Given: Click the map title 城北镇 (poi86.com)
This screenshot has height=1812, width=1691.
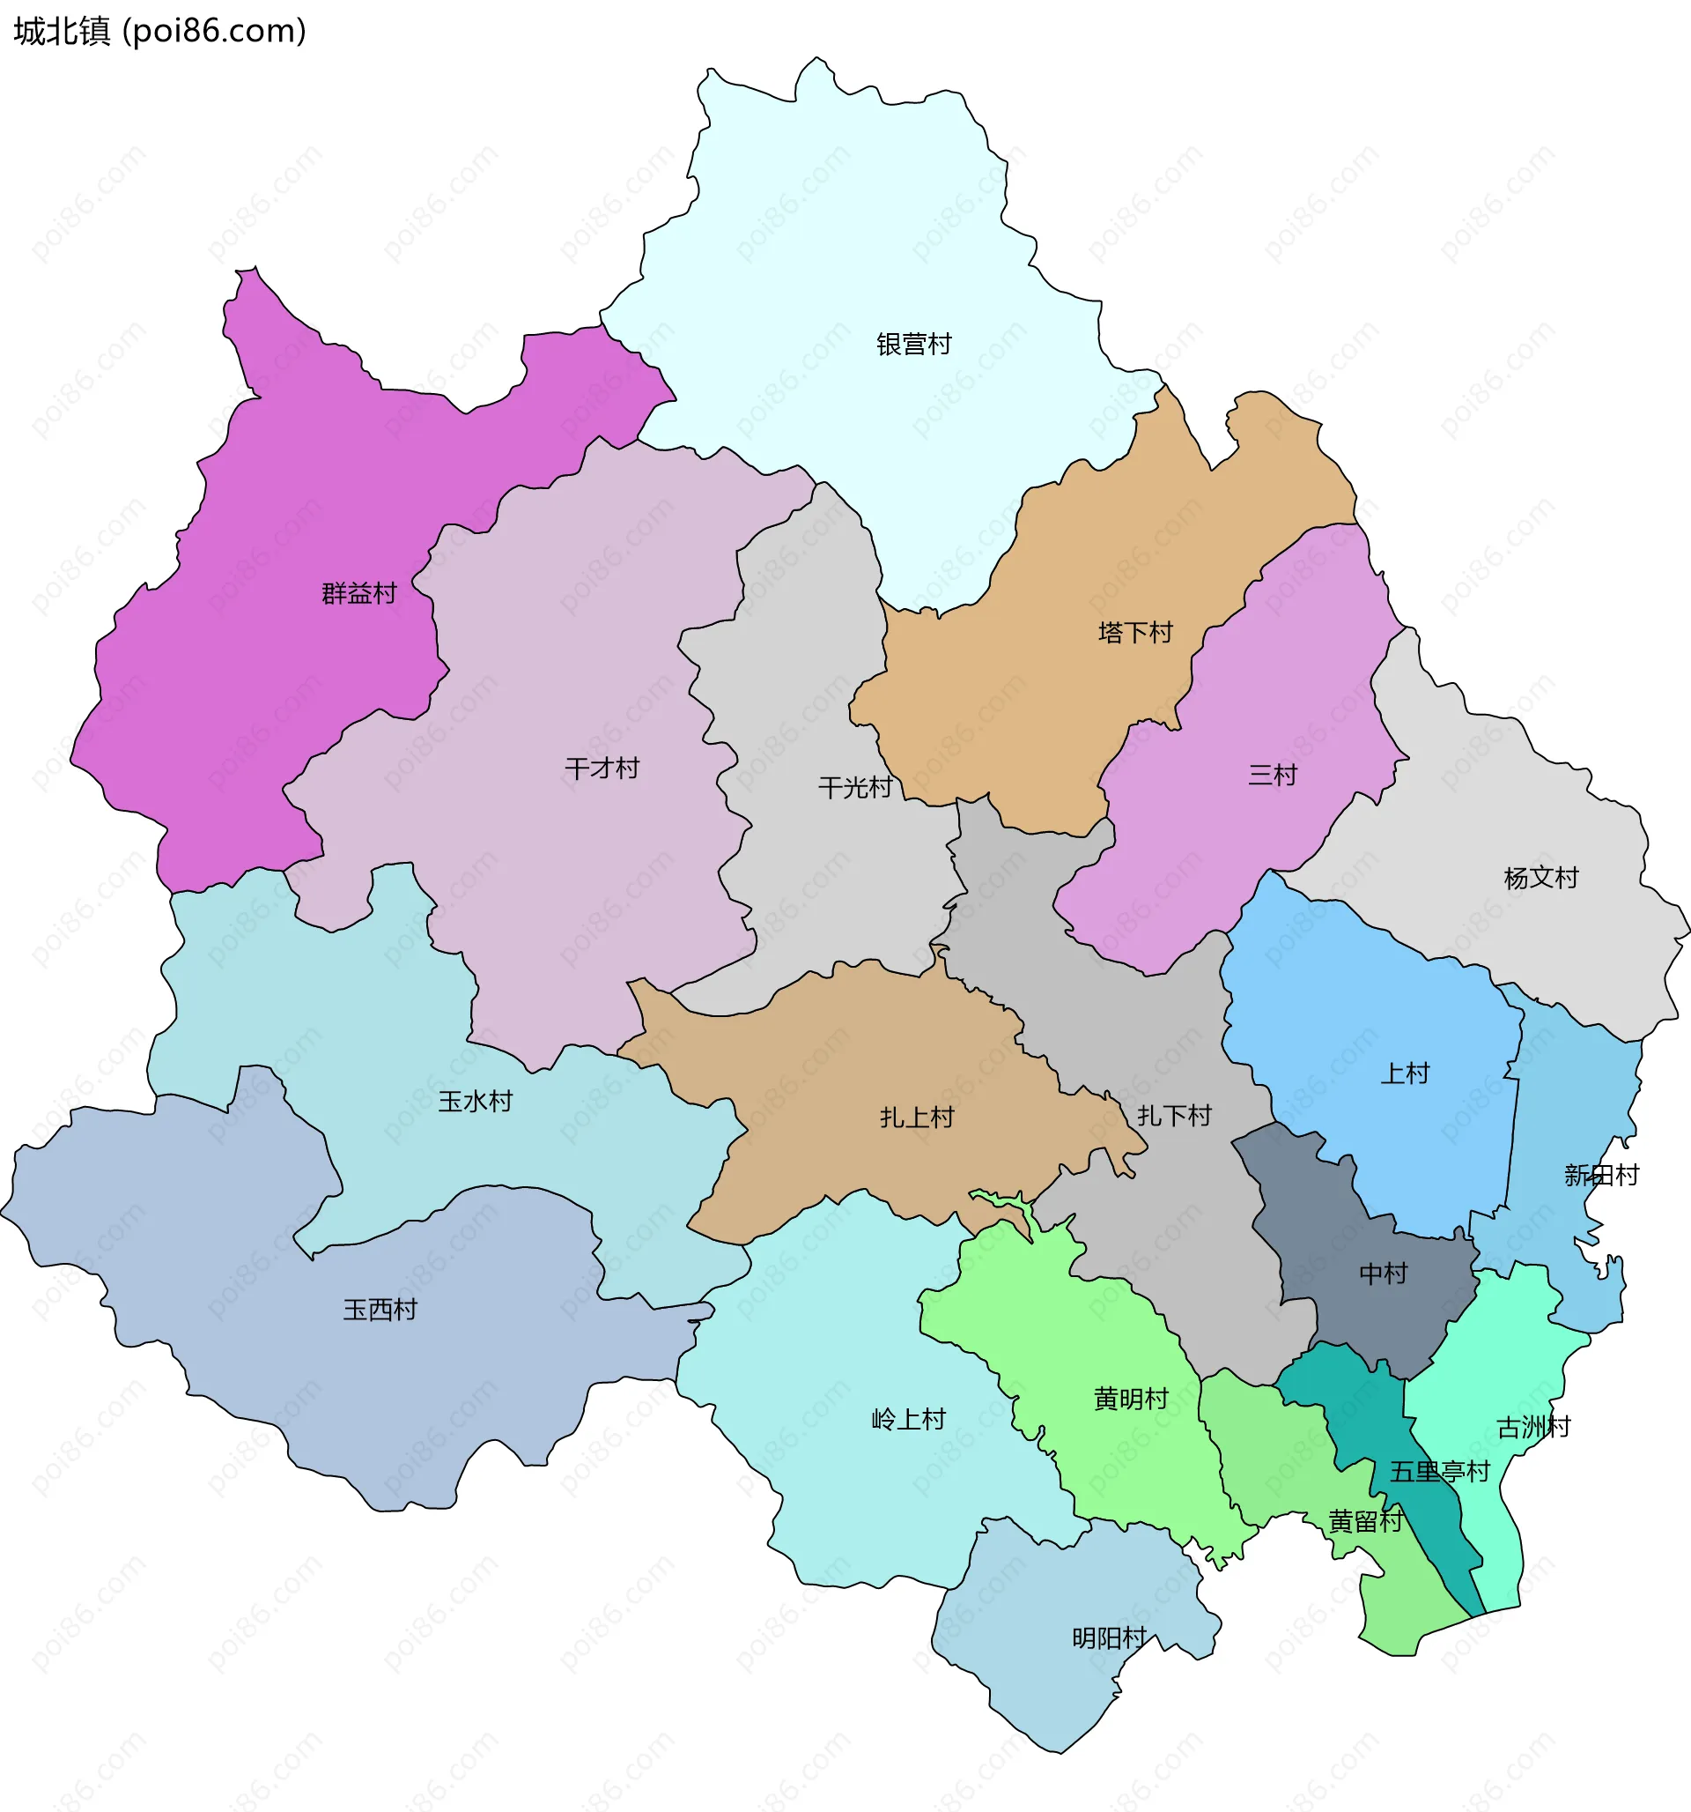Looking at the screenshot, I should click(x=159, y=31).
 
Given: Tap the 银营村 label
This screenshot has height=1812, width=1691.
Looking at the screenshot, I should click(x=914, y=344).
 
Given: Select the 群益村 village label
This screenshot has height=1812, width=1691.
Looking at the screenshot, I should click(x=359, y=593).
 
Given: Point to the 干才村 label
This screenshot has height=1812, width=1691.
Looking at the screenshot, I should click(x=602, y=769).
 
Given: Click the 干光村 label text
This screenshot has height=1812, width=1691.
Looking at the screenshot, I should click(x=854, y=788).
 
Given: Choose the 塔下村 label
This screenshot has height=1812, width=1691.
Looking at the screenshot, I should click(x=1135, y=633).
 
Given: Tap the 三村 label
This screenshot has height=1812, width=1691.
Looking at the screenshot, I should click(x=1272, y=775).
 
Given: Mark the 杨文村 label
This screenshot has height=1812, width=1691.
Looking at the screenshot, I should click(x=1540, y=878).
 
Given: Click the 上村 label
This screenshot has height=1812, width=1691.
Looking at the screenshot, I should click(x=1405, y=1073).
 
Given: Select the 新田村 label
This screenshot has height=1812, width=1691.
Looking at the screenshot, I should click(x=1601, y=1175).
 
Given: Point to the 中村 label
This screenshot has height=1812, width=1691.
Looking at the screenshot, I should click(x=1383, y=1274).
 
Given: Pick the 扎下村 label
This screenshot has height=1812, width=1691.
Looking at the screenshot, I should click(x=1174, y=1115).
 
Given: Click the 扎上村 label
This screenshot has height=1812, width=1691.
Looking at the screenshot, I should click(x=917, y=1117).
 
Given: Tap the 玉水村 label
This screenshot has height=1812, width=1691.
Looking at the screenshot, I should click(x=475, y=1101).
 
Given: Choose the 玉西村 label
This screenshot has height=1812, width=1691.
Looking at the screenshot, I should click(x=380, y=1310).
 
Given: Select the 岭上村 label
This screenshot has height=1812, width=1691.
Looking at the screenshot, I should click(x=908, y=1419).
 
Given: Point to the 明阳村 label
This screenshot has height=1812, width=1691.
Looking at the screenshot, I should click(x=1109, y=1637).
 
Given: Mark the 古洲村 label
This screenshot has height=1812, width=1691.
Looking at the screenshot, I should click(x=1533, y=1427).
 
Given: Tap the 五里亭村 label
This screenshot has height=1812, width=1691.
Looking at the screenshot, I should click(x=1439, y=1471).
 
